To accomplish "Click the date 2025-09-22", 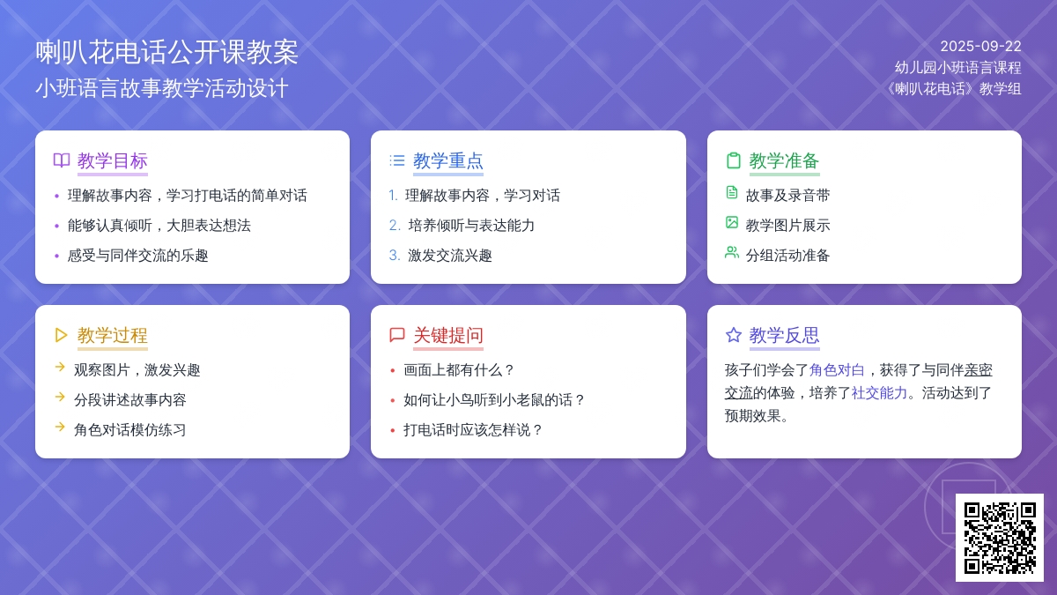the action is (x=980, y=46).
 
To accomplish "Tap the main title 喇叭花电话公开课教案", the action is (x=167, y=52).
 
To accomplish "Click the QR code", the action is (x=1000, y=538).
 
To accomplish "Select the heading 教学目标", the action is (x=113, y=161).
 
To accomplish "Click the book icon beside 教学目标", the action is (x=62, y=160).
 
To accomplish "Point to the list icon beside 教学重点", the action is (x=397, y=160).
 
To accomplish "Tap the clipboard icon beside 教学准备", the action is (x=733, y=160).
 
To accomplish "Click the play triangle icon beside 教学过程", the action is (x=61, y=335).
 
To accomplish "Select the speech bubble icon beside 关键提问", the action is (x=397, y=335).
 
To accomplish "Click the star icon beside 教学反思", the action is (x=733, y=335).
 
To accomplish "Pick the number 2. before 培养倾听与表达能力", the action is (x=395, y=226).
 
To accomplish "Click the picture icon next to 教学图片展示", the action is (x=731, y=222).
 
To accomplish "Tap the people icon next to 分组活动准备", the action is (x=731, y=253).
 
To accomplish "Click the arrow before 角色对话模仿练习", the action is (x=60, y=427).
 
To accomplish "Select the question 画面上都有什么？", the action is (x=459, y=369).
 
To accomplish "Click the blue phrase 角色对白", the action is (x=837, y=369).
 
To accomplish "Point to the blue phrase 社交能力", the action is (x=879, y=393).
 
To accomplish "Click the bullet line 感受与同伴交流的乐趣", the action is (x=137, y=256).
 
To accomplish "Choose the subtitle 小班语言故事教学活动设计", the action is (x=162, y=88).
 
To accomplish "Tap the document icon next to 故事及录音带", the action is (x=731, y=193).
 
